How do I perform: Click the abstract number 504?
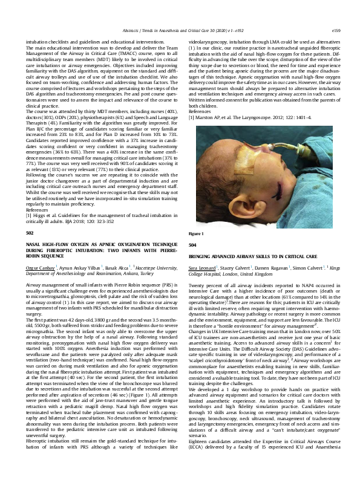point(193,245)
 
